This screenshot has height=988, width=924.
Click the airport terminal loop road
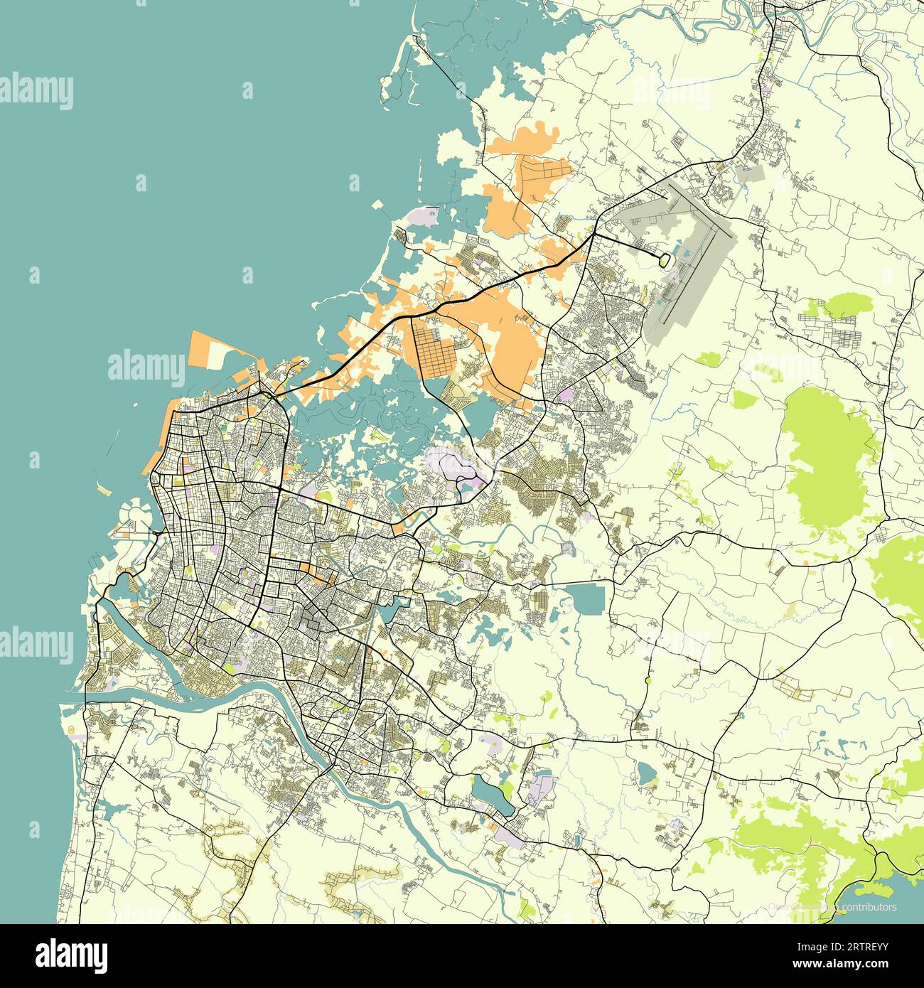(664, 260)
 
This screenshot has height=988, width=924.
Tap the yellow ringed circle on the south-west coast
(71, 730)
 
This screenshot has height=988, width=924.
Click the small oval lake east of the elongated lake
(646, 773)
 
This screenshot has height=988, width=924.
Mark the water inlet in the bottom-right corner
(881, 881)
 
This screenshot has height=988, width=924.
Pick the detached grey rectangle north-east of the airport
(752, 171)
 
